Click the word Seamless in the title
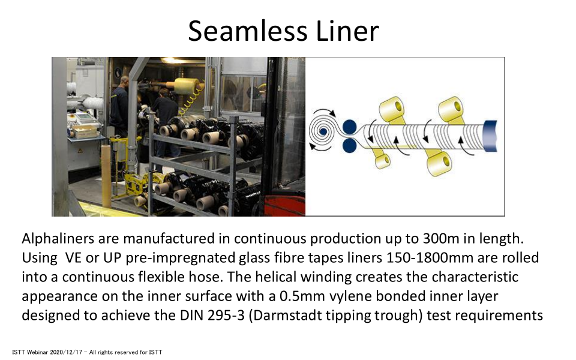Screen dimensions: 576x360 click(247, 31)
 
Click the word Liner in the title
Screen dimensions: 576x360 click(347, 31)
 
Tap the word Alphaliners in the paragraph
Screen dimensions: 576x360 click(58, 239)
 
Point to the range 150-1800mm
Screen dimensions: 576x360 click(430, 258)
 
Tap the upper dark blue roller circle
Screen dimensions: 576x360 click(349, 127)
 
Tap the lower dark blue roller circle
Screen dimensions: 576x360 click(349, 145)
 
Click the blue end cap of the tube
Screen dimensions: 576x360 click(490, 136)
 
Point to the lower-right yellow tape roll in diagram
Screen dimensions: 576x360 click(439, 164)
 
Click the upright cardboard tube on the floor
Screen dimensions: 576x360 click(106, 176)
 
